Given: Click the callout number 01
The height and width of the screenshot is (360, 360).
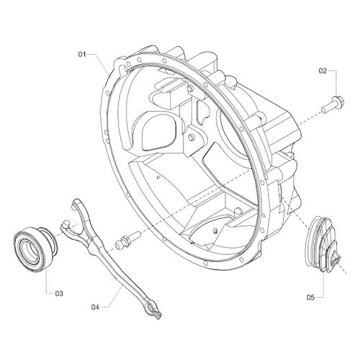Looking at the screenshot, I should tap(83, 53).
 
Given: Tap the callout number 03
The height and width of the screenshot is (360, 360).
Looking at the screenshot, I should tap(59, 293).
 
